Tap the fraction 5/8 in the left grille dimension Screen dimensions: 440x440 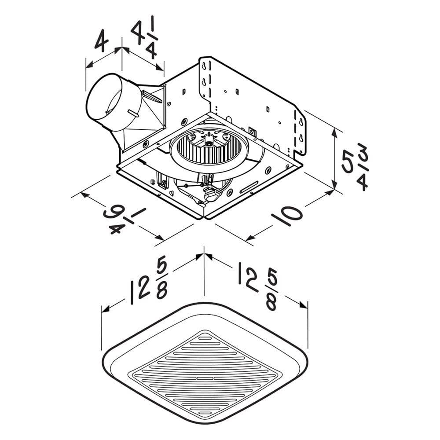click(x=161, y=280)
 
